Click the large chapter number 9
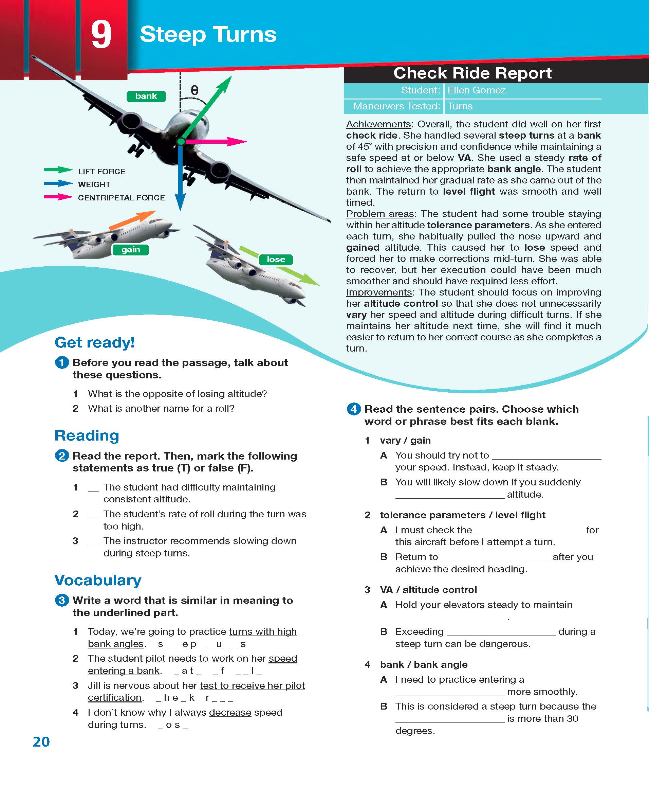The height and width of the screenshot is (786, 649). [x=101, y=34]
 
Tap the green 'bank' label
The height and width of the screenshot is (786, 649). [x=146, y=96]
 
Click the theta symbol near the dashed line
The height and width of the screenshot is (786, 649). [x=194, y=90]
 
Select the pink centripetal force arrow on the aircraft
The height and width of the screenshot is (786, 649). [x=217, y=141]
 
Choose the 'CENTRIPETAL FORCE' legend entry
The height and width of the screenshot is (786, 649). [x=121, y=198]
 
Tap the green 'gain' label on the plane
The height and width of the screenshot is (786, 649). [x=130, y=250]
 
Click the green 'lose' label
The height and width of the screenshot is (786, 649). [x=276, y=259]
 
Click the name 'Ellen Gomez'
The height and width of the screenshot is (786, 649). [x=476, y=90]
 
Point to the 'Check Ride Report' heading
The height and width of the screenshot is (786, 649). [x=472, y=73]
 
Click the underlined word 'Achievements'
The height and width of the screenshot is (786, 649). [x=378, y=124]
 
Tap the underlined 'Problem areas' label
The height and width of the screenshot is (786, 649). [x=380, y=214]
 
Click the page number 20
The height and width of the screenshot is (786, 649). [x=41, y=742]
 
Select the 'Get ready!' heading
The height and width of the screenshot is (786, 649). [x=95, y=342]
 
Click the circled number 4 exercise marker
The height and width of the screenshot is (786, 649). [x=354, y=409]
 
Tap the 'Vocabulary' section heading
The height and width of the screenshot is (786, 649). [x=98, y=580]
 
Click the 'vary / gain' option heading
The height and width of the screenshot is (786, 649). [x=405, y=440]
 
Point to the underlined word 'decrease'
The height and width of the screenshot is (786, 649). [x=230, y=712]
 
